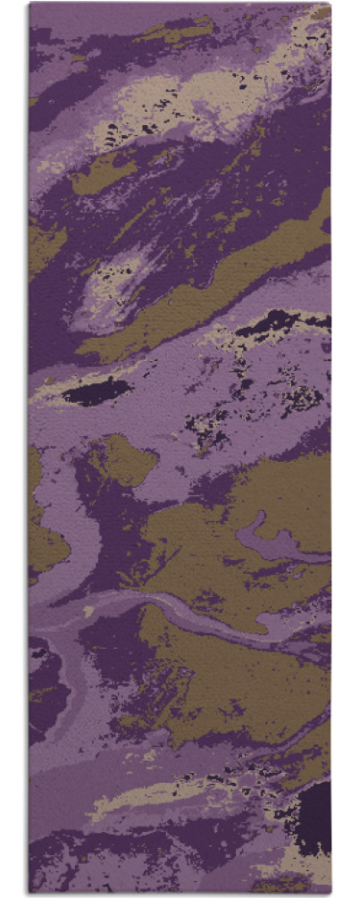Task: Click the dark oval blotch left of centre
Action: [96, 390]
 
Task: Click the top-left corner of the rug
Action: [29, 4]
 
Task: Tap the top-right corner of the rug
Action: [330, 4]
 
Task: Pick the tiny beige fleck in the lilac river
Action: [88, 611]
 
